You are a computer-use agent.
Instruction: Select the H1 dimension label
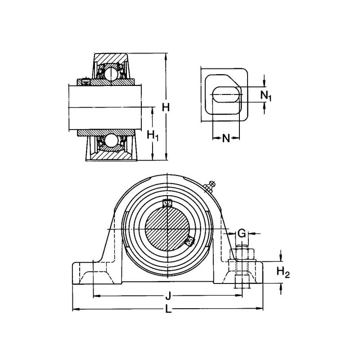(153, 135)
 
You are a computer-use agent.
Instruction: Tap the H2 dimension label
(283, 272)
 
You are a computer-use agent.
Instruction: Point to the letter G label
(242, 233)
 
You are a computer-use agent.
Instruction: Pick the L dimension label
(168, 309)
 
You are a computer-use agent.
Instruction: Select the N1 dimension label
(266, 95)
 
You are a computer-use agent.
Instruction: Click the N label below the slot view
(226, 138)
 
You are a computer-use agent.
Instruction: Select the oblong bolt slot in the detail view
(226, 95)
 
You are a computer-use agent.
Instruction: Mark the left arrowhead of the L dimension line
(75, 309)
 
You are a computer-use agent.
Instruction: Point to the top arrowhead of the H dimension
(166, 56)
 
